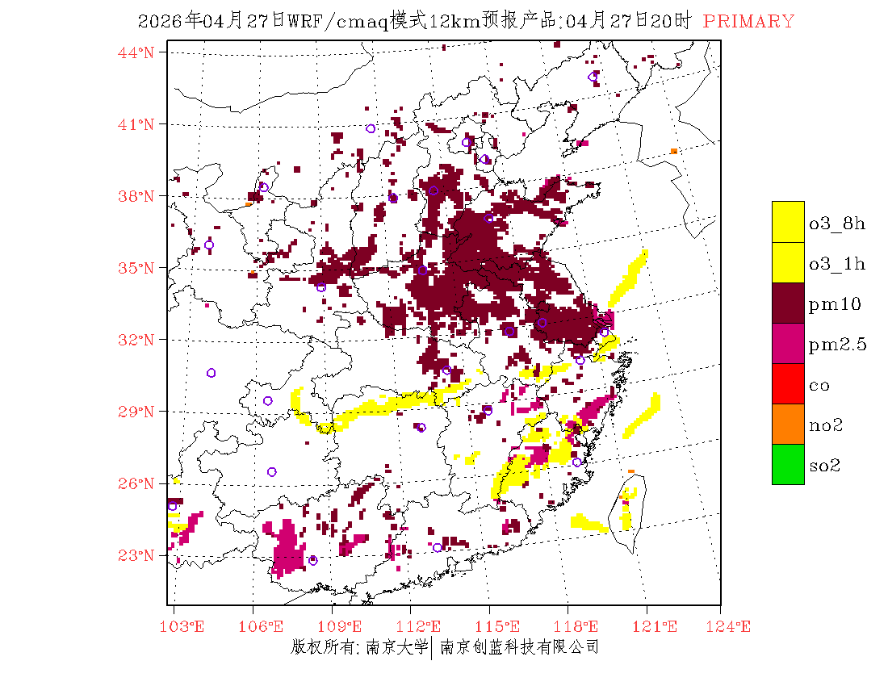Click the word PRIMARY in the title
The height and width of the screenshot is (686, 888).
point(748,22)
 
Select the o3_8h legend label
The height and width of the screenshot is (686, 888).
point(837,224)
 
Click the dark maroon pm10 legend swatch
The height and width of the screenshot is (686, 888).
point(788,303)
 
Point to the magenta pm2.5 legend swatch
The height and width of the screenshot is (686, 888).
point(788,343)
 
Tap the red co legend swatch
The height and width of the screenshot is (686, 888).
point(788,383)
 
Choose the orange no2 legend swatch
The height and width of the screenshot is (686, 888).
point(788,424)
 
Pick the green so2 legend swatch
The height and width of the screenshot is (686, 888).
point(788,464)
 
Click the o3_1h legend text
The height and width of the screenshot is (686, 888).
point(837,264)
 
